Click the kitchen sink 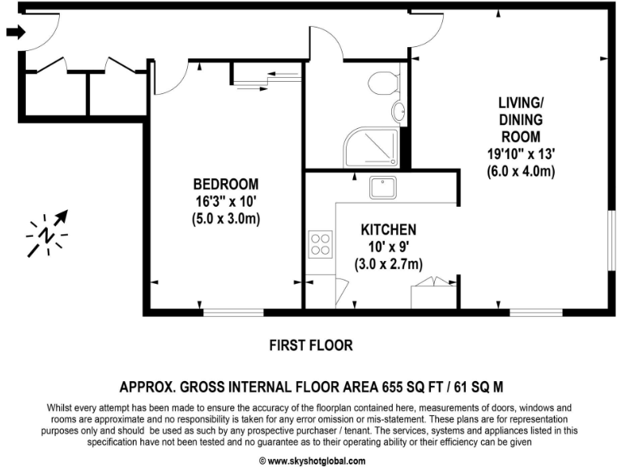pyautogui.click(x=382, y=188)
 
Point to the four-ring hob pyautogui.click(x=320, y=244)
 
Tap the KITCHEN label pyautogui.click(x=389, y=230)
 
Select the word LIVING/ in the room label pyautogui.click(x=519, y=102)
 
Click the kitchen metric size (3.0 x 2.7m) pyautogui.click(x=389, y=264)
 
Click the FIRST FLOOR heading pyautogui.click(x=311, y=345)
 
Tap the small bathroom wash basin pyautogui.click(x=398, y=111)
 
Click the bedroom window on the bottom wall pyautogui.click(x=232, y=312)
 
